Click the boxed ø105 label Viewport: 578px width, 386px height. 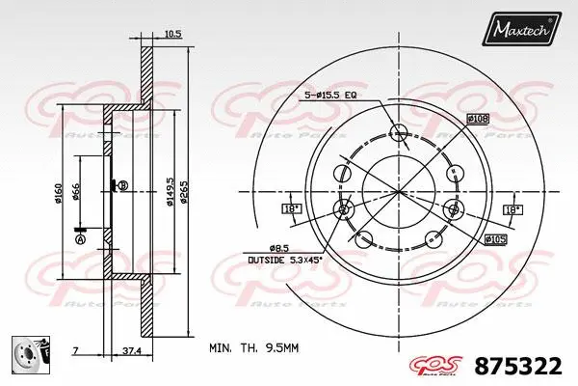(x=495, y=238)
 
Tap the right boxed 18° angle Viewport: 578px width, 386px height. (x=511, y=209)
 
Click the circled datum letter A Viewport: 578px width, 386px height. (x=80, y=238)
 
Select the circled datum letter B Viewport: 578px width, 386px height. (x=122, y=185)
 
